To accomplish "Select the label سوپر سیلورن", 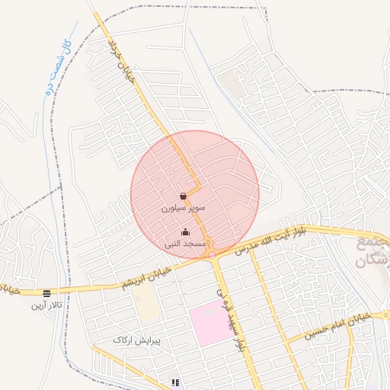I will tap(183, 206).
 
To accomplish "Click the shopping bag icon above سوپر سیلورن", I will tap(183, 196).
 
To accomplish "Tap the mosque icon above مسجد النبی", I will tap(185, 232).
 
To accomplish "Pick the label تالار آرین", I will tap(47, 305).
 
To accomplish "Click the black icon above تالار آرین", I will tap(47, 293).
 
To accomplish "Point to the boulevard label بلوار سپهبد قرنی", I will tap(232, 320).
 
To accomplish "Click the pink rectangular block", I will tap(210, 323).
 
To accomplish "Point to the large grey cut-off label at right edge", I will tap(372, 251).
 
